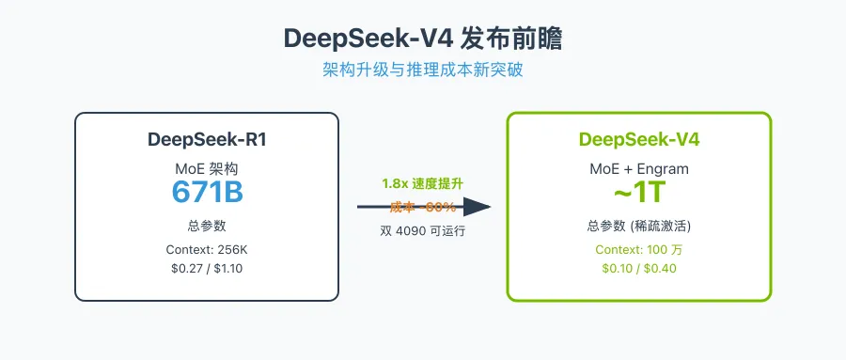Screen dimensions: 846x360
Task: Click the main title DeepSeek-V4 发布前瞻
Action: (423, 39)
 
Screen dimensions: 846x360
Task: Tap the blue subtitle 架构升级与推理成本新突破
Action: (423, 71)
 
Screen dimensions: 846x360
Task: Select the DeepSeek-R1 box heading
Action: (206, 140)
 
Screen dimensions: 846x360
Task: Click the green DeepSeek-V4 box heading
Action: (639, 140)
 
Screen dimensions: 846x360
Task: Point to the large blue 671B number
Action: (206, 191)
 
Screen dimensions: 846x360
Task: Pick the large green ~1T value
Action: (639, 191)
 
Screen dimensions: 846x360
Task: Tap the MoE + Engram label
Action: (639, 168)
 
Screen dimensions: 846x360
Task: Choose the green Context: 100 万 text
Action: (639, 250)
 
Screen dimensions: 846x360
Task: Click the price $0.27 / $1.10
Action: (206, 268)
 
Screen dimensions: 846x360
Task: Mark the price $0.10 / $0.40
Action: (639, 269)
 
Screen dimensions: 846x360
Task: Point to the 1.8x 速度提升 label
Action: (422, 184)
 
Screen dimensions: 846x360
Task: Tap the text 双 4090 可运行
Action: (422, 230)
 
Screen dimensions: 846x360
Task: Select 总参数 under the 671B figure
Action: (206, 226)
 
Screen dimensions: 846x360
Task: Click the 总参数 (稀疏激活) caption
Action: (639, 226)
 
